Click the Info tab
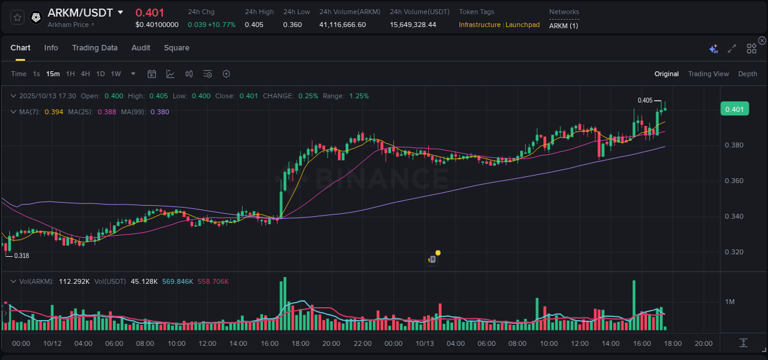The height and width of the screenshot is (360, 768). point(51,48)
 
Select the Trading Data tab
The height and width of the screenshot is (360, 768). point(95,48)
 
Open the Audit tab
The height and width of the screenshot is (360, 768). point(141,48)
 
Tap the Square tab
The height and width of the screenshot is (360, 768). point(176,48)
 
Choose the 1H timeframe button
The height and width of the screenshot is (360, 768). point(71,74)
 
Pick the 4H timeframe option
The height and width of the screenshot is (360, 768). point(85,74)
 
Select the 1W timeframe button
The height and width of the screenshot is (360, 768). point(116,74)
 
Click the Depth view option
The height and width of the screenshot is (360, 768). point(747,74)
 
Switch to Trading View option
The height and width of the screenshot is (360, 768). point(708,74)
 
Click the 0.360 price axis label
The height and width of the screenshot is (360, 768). point(734,181)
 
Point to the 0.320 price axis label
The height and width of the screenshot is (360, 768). point(734,252)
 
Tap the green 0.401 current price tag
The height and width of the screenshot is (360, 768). point(734,109)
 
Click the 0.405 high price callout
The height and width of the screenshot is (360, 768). point(645,100)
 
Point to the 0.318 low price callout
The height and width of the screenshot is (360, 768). point(22,256)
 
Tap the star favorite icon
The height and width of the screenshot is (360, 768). point(17,17)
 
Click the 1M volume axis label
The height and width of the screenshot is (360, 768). point(730,302)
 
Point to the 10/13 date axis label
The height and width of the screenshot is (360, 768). point(425,343)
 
